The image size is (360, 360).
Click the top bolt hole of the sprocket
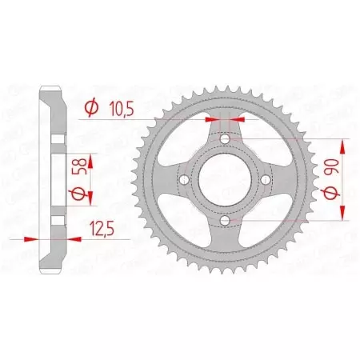pos(225,141)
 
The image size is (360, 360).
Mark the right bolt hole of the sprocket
pos(264,180)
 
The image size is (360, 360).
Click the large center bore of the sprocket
pos(225,180)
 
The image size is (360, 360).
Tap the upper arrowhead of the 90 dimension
pos(344,145)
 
